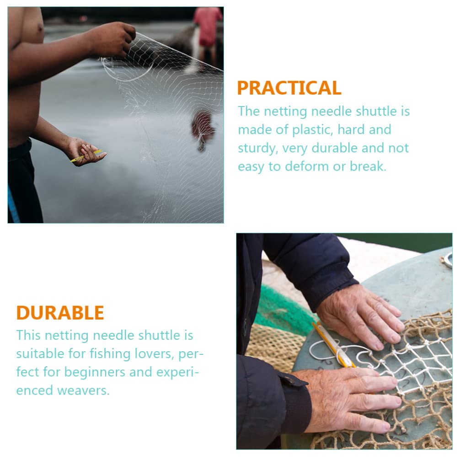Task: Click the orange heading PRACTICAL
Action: [289, 88]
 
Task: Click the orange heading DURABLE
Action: [60, 313]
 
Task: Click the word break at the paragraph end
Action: [368, 166]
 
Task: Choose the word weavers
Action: [83, 390]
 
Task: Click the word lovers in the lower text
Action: [153, 354]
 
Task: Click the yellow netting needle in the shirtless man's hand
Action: [86, 156]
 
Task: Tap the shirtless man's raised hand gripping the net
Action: [113, 38]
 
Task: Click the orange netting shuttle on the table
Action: [334, 345]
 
